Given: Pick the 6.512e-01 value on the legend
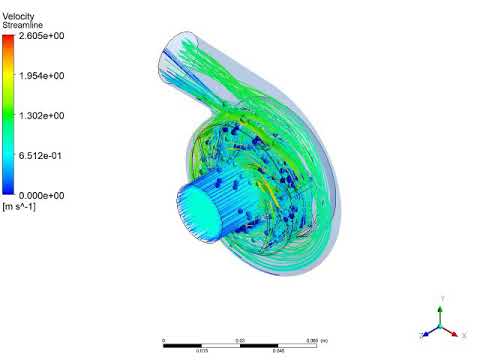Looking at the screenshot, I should coord(41,156).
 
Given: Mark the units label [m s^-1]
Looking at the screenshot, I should coord(17,206).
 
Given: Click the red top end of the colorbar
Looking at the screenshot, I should coord(8,40).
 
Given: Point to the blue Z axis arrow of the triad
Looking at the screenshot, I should coord(427,333).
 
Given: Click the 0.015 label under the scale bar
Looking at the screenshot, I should coord(202,351).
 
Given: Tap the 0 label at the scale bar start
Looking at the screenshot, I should coord(163,340).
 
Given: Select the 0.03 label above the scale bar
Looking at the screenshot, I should coord(240,340).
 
